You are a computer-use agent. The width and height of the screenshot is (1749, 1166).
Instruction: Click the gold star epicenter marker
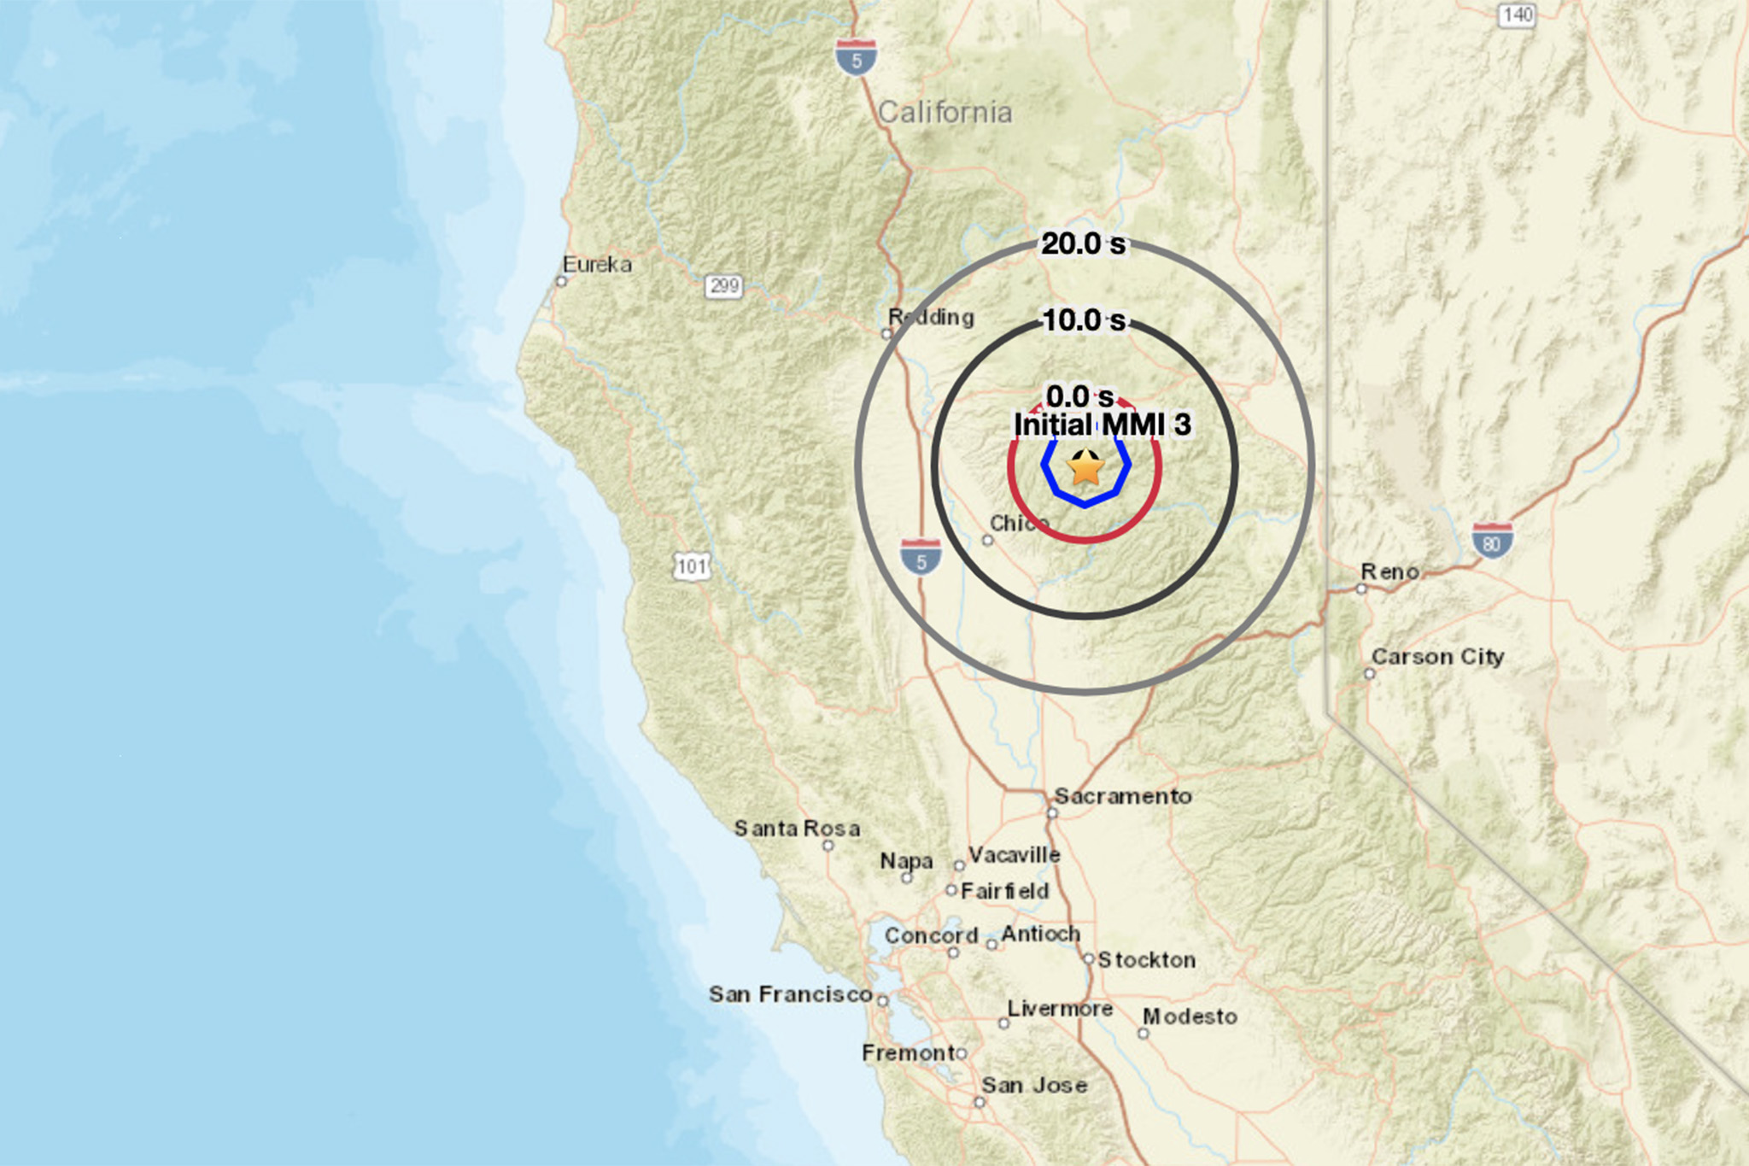[x=1085, y=468]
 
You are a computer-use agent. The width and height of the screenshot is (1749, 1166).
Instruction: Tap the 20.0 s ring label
[x=1083, y=244]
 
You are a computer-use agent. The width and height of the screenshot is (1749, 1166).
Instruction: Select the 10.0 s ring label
[x=1084, y=320]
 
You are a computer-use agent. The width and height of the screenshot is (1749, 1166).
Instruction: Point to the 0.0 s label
[x=1079, y=396]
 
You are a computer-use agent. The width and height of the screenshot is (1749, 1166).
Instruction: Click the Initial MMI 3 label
[x=1102, y=425]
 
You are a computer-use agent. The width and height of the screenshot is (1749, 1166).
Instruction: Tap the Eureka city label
[x=597, y=265]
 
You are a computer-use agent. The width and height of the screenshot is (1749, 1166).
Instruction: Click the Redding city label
[x=931, y=318]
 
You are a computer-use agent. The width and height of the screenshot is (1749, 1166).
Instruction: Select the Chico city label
[x=1018, y=523]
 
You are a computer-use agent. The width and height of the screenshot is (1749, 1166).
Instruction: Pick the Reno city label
[x=1389, y=571]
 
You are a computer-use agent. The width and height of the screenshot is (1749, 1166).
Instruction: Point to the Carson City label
[x=1437, y=657]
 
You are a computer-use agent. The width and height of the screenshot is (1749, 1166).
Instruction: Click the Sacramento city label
[x=1122, y=796]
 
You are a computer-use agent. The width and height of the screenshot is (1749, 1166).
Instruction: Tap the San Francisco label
[x=790, y=994]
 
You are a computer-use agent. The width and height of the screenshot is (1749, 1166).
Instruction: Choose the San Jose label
[x=1034, y=1086]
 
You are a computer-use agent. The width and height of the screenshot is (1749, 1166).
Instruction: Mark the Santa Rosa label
[x=797, y=829]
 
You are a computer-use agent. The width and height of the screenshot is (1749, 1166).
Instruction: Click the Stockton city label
[x=1146, y=960]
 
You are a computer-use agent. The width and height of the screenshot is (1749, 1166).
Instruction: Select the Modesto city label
[x=1190, y=1017]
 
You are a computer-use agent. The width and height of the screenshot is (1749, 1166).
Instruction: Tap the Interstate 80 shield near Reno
[x=1492, y=541]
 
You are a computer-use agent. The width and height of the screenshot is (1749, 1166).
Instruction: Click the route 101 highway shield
[x=692, y=566]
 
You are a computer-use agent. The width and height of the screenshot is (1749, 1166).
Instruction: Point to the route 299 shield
[x=723, y=285]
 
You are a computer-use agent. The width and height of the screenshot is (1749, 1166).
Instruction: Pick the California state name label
[x=945, y=112]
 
